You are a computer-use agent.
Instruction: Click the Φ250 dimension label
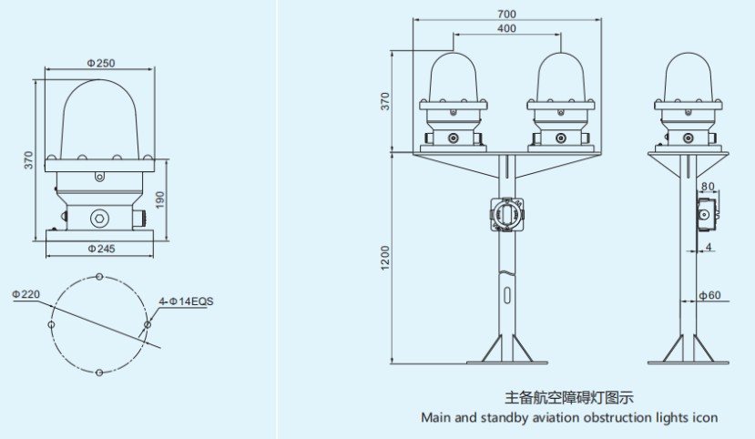(100, 63)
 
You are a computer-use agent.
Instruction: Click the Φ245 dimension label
(100, 248)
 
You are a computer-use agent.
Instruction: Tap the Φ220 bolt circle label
(27, 294)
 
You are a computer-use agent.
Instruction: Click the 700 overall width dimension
(507, 15)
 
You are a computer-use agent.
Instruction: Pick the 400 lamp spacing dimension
(507, 29)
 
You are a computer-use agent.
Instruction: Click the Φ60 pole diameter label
(711, 295)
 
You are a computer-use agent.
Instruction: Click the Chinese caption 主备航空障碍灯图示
(568, 397)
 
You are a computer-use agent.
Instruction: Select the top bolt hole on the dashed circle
(98, 276)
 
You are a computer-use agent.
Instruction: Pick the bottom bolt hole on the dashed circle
(98, 372)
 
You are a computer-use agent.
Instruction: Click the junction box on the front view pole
(506, 215)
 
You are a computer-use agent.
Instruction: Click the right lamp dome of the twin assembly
(561, 77)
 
